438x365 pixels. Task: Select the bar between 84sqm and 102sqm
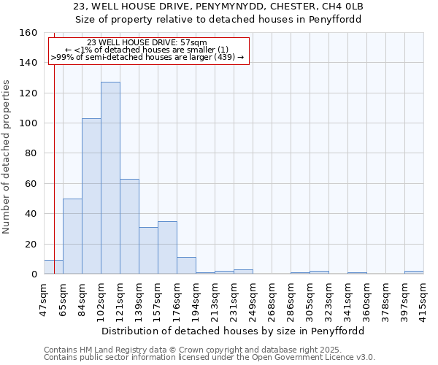pyautogui.click(x=91, y=196)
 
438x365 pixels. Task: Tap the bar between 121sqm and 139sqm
pyautogui.click(x=129, y=226)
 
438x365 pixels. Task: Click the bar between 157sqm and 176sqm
pyautogui.click(x=167, y=247)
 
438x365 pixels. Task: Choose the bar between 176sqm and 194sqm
pyautogui.click(x=186, y=266)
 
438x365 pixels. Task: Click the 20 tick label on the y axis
pyautogui.click(x=31, y=244)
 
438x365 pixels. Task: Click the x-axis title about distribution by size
pyautogui.click(x=233, y=331)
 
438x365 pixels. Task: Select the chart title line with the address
pyautogui.click(x=219, y=7)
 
